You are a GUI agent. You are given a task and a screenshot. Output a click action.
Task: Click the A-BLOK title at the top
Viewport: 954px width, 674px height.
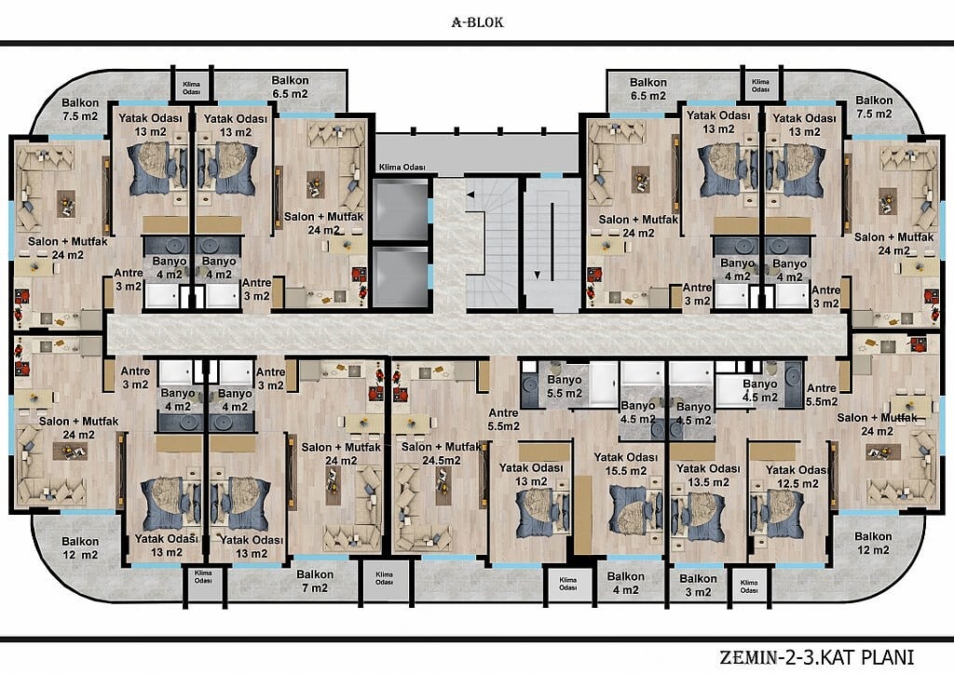pyautogui.click(x=478, y=22)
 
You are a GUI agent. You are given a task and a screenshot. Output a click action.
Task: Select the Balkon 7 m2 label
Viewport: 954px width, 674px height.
pyautogui.click(x=315, y=581)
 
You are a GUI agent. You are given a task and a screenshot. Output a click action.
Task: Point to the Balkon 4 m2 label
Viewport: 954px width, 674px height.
pyautogui.click(x=625, y=583)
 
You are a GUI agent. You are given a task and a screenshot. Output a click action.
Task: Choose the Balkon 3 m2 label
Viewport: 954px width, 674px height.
pyautogui.click(x=698, y=586)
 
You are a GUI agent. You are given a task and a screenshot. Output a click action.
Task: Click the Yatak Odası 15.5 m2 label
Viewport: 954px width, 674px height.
pyautogui.click(x=625, y=464)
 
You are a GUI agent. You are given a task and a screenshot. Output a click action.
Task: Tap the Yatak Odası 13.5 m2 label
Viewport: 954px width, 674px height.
pyautogui.click(x=708, y=476)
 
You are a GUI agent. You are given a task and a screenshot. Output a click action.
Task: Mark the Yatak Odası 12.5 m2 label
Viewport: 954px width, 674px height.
pyautogui.click(x=797, y=477)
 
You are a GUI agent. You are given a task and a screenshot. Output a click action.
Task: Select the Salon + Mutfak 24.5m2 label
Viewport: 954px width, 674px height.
pyautogui.click(x=441, y=453)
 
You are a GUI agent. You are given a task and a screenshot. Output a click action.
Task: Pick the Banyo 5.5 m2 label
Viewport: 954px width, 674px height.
pyautogui.click(x=564, y=386)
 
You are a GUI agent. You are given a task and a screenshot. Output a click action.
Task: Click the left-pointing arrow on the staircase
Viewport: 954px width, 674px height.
pyautogui.click(x=470, y=195)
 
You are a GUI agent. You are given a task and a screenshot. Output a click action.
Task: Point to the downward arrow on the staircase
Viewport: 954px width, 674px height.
pyautogui.click(x=538, y=276)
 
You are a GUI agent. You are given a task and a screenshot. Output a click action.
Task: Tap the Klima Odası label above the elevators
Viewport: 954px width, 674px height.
pyautogui.click(x=402, y=168)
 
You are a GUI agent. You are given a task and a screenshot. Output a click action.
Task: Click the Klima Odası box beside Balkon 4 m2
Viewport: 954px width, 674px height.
pyautogui.click(x=567, y=585)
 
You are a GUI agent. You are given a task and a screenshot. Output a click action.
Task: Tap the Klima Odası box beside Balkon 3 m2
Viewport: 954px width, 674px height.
pyautogui.click(x=749, y=586)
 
